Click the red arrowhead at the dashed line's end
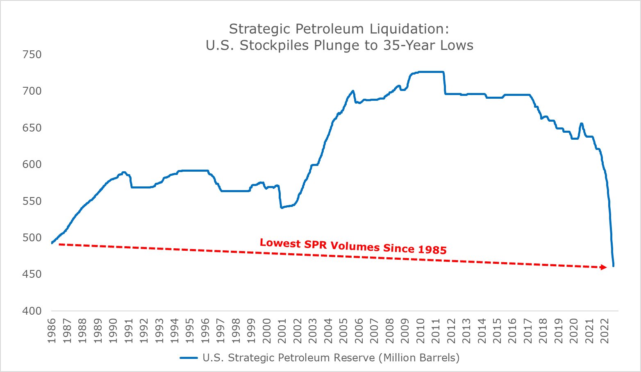pyautogui.click(x=603, y=267)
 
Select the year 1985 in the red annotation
pyautogui.click(x=432, y=249)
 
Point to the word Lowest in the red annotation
pyautogui.click(x=280, y=243)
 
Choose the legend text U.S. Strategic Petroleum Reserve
pyautogui.click(x=289, y=358)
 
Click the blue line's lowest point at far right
pyautogui.click(x=614, y=266)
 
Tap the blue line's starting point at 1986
pyautogui.click(x=52, y=243)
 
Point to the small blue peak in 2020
pyautogui.click(x=581, y=123)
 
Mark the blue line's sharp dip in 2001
pyautogui.click(x=282, y=208)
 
